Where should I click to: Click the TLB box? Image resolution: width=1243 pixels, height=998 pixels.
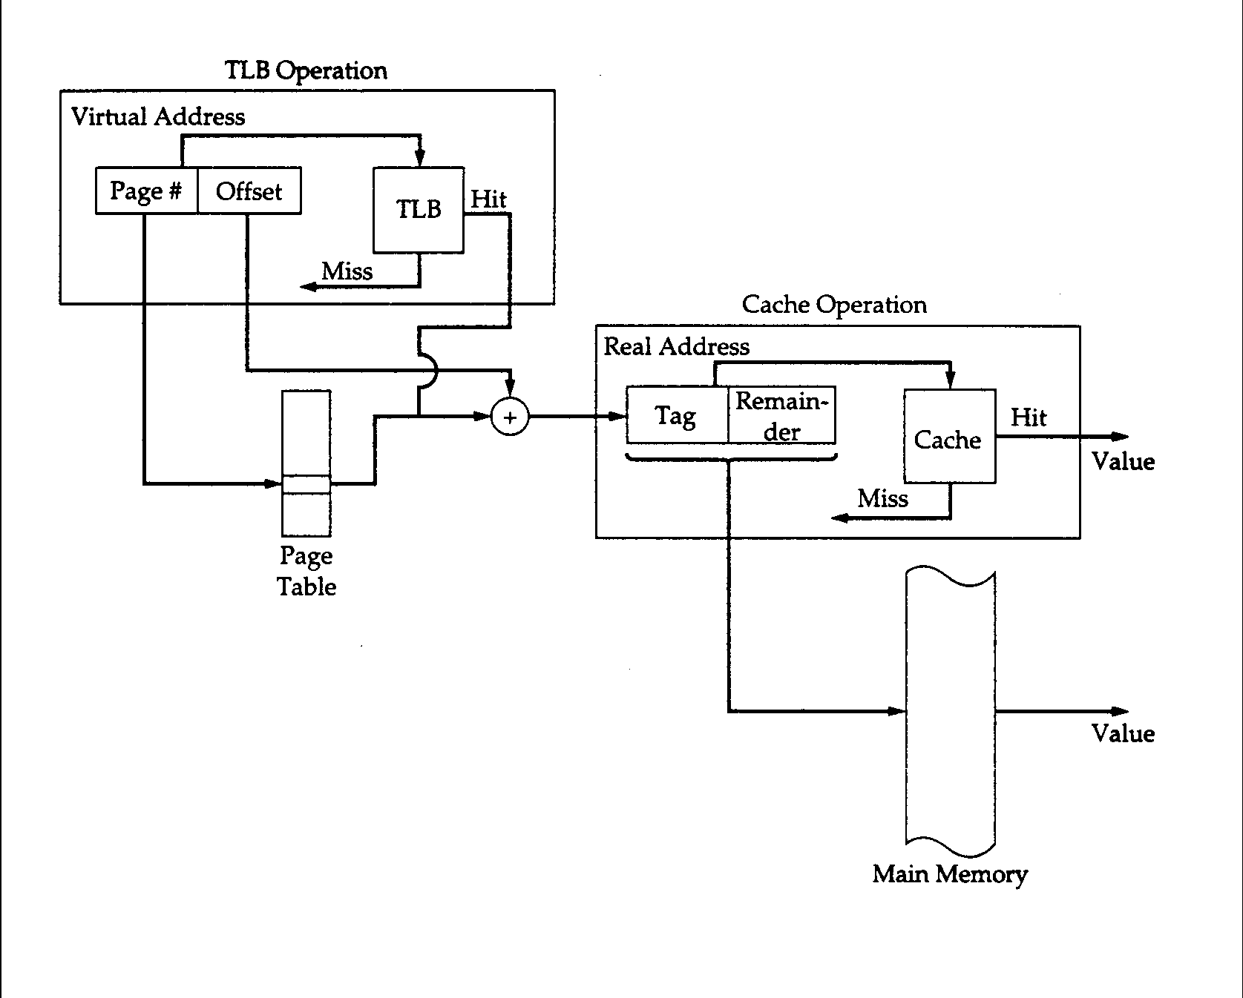tap(419, 210)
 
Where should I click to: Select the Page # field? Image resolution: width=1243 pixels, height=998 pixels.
tap(146, 191)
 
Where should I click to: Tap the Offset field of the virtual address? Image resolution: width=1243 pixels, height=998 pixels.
tap(249, 191)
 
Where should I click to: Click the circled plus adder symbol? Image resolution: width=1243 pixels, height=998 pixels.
tap(510, 417)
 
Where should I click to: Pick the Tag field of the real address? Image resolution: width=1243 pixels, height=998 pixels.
tap(676, 415)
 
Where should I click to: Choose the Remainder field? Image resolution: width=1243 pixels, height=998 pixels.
tap(781, 416)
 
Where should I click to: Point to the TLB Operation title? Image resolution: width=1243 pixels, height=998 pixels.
tap(306, 71)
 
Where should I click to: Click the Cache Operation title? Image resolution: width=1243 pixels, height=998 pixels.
tap(834, 305)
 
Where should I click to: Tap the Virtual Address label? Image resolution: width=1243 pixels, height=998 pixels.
tap(158, 117)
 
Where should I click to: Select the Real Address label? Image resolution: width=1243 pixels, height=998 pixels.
tap(677, 347)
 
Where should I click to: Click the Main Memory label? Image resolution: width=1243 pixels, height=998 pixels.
tap(950, 874)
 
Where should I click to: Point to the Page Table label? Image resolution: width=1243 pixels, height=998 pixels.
tap(306, 572)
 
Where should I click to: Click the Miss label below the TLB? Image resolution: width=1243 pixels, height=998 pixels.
tap(347, 271)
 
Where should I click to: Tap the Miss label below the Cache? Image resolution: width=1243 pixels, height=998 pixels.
tap(882, 498)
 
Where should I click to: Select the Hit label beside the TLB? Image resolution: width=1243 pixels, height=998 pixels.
tap(488, 199)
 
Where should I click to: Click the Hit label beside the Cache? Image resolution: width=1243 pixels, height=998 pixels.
tap(1029, 417)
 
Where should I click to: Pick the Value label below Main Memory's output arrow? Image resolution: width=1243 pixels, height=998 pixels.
tap(1123, 734)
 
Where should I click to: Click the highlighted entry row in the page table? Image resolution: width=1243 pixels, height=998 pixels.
tap(306, 484)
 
